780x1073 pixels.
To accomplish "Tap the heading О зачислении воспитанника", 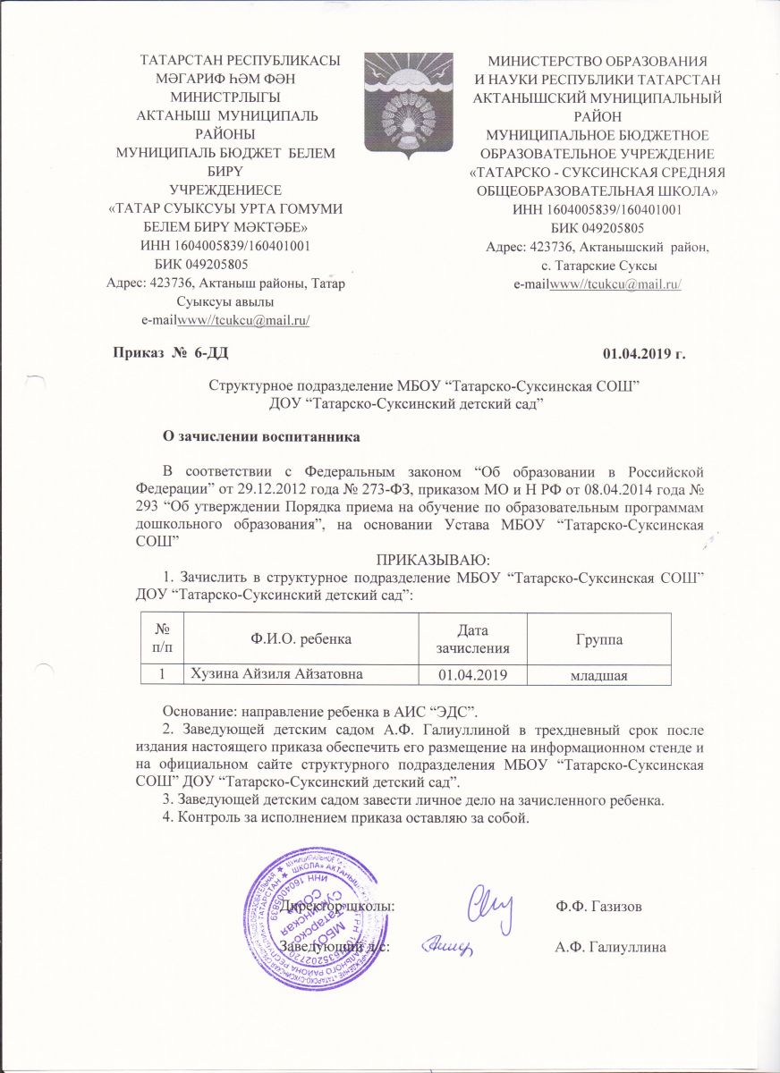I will pyautogui.click(x=260, y=438).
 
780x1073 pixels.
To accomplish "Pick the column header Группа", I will pyautogui.click(x=598, y=640).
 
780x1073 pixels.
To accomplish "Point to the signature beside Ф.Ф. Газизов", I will pyautogui.click(x=491, y=905).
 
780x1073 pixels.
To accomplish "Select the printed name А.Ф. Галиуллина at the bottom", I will pyautogui.click(x=612, y=947).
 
